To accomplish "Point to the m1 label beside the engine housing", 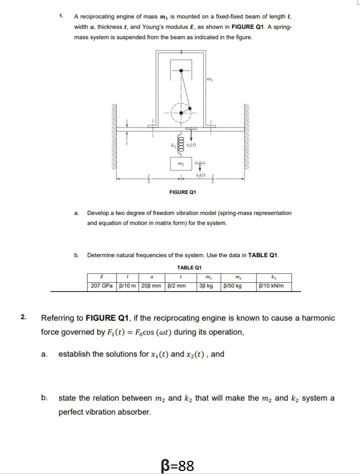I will point(210,81).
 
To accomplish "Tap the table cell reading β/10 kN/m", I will point(273,286).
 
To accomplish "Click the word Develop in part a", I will point(98,213).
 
